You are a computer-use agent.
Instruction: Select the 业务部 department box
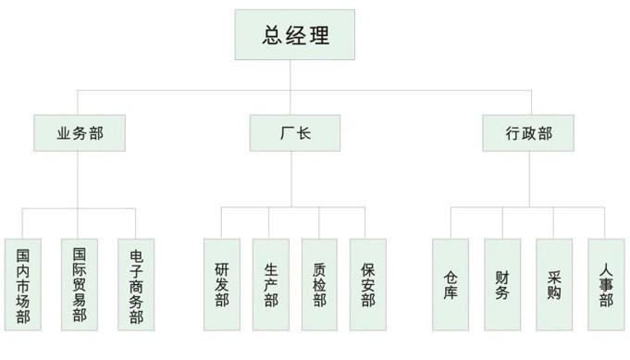click(x=80, y=133)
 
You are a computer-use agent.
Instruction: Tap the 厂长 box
click(x=294, y=133)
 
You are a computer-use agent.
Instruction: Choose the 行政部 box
click(x=528, y=133)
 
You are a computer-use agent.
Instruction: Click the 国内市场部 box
click(x=23, y=285)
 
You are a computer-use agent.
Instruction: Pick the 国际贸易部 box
click(x=80, y=285)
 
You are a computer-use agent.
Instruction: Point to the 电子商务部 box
click(x=136, y=285)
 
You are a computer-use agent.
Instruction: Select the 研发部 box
click(x=222, y=285)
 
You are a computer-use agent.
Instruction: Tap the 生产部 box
click(x=270, y=285)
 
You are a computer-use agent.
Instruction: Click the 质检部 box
click(x=319, y=285)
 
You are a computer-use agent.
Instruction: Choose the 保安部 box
click(x=367, y=285)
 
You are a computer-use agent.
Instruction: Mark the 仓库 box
click(x=451, y=285)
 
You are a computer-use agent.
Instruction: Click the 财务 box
click(x=502, y=285)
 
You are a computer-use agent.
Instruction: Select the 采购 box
click(x=554, y=285)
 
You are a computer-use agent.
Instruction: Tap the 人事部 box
click(x=606, y=285)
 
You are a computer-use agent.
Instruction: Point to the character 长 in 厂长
click(x=303, y=133)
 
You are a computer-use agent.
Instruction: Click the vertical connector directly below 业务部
click(x=80, y=180)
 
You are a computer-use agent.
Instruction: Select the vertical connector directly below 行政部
click(x=528, y=180)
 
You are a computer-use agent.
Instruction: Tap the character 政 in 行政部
click(x=528, y=133)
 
